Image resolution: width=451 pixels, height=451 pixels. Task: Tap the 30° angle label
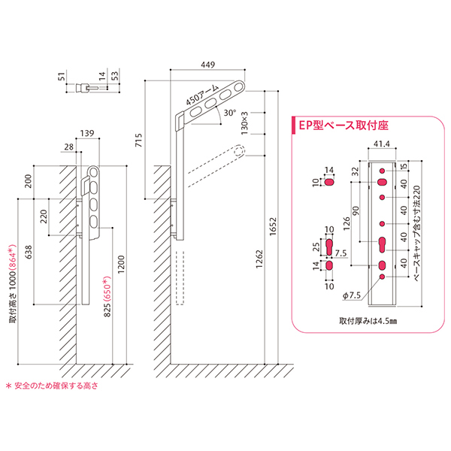[x=230, y=114]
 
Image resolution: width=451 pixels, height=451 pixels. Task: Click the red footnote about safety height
[x=52, y=388]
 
